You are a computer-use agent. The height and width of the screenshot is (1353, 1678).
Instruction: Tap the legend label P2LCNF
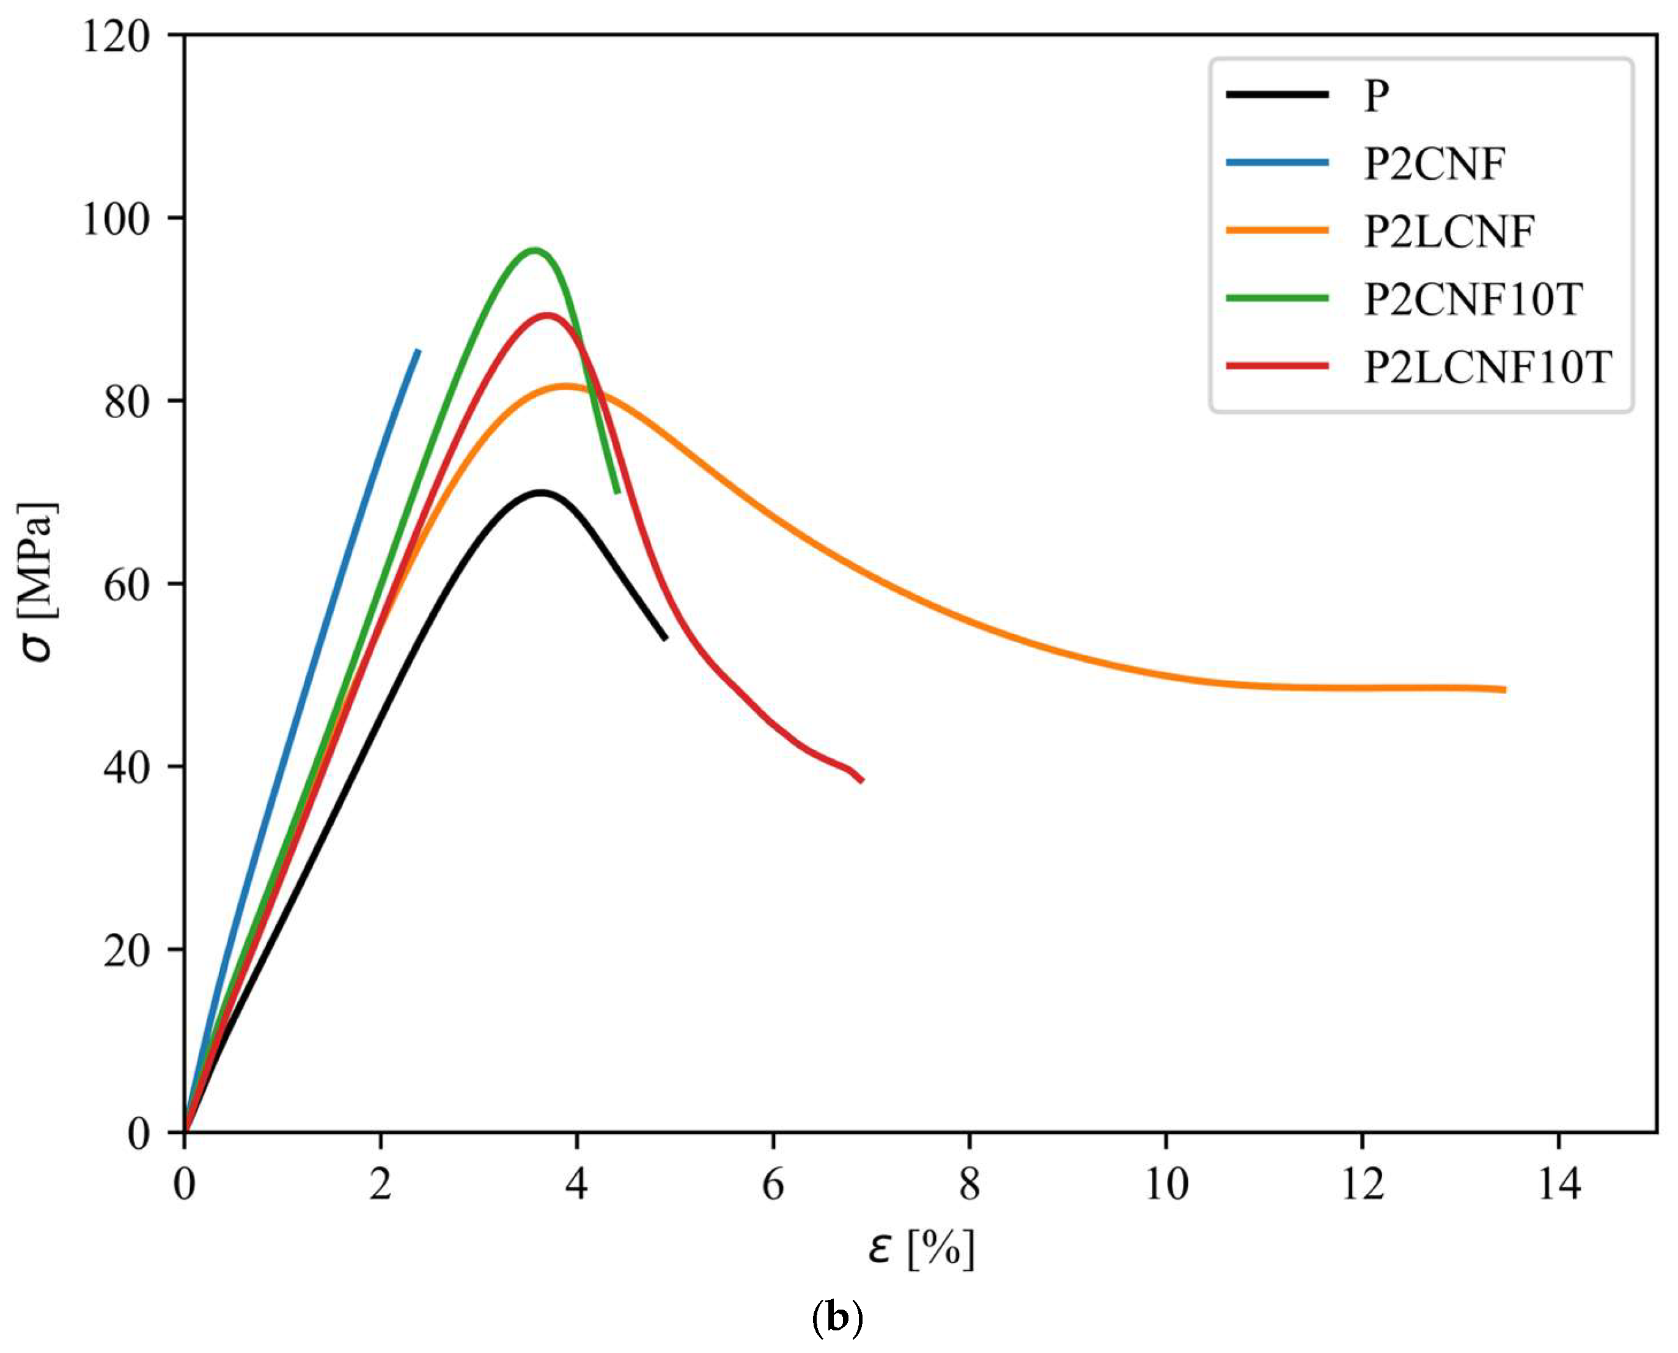click(x=1449, y=232)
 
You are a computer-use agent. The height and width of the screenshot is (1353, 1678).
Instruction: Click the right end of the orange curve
click(x=1504, y=690)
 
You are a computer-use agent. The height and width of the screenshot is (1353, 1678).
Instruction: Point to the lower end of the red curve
click(x=861, y=780)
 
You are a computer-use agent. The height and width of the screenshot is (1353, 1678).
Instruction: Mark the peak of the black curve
click(x=541, y=493)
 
